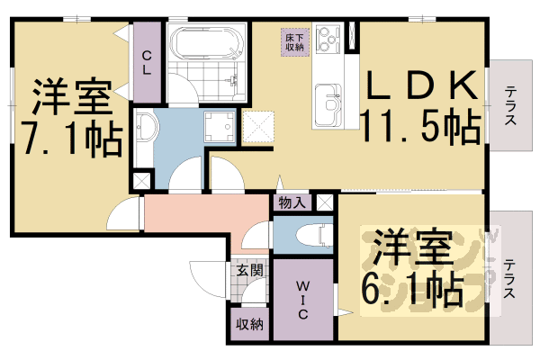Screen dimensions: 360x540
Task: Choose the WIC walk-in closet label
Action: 303,301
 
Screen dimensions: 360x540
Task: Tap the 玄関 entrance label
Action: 249,269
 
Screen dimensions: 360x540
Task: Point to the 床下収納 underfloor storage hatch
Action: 295,40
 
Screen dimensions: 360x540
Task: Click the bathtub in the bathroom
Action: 206,43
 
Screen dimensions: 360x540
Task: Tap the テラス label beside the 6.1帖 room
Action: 509,279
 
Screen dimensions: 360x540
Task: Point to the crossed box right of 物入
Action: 323,203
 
